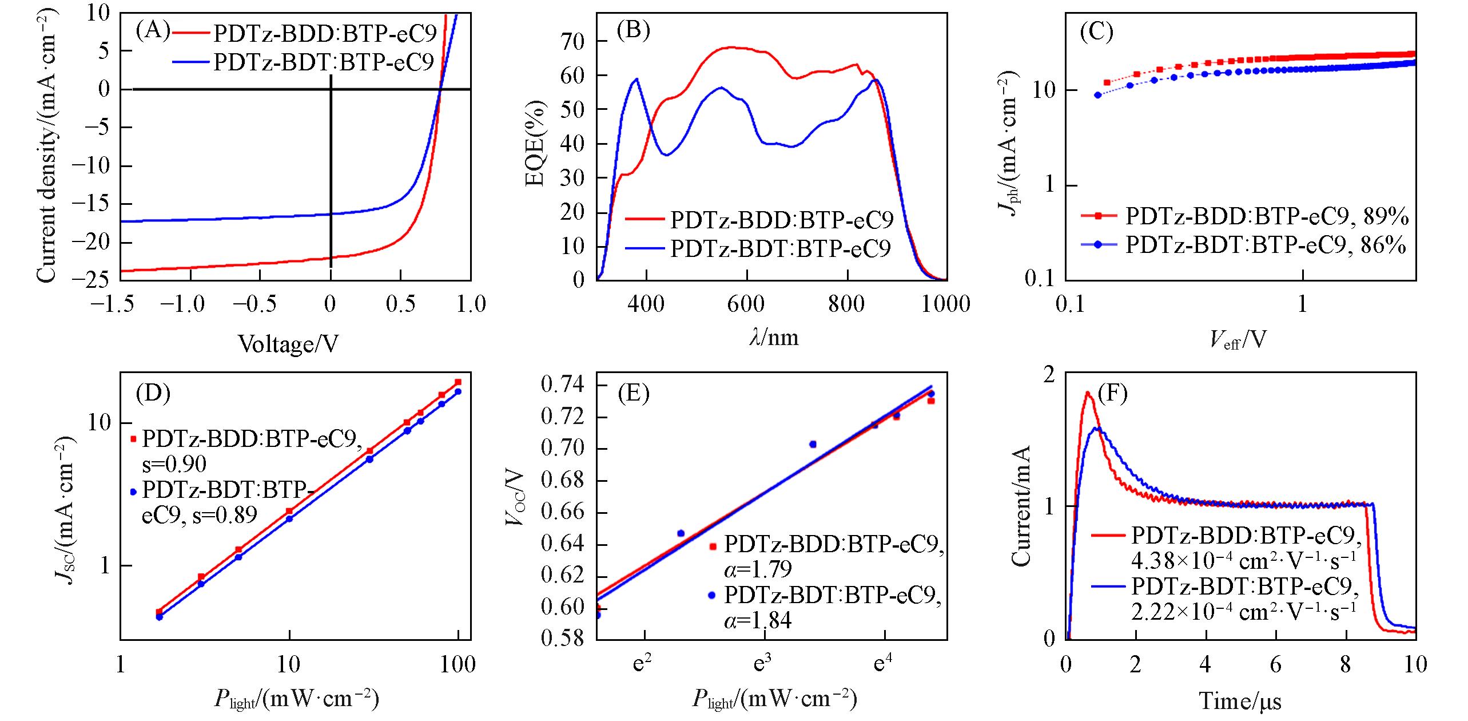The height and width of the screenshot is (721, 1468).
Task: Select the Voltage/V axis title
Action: [x=288, y=344]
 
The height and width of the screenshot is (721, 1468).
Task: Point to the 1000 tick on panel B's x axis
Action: [x=946, y=303]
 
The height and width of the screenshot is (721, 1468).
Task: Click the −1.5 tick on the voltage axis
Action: [x=113, y=303]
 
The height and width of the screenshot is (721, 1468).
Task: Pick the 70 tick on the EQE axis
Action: [x=573, y=42]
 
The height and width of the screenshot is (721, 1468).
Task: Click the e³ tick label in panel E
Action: [x=762, y=664]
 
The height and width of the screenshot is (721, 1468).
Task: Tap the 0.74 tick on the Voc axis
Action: [x=563, y=384]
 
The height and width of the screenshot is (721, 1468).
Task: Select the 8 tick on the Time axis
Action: [x=1345, y=664]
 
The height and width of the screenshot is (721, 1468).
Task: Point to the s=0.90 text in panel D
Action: [x=174, y=463]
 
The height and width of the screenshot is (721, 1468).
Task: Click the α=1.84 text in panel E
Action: [x=758, y=620]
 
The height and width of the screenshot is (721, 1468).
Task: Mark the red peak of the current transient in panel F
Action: [x=1088, y=393]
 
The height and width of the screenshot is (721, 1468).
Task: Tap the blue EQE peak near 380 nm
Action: [x=636, y=80]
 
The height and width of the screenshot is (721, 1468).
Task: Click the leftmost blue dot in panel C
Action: [x=1097, y=95]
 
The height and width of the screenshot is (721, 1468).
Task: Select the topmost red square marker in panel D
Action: [x=457, y=382]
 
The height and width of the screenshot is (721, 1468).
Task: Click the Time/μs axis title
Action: [x=1240, y=701]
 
